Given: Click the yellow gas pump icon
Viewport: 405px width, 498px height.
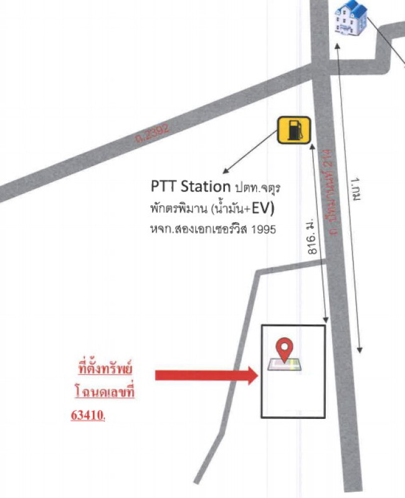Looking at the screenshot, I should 293,130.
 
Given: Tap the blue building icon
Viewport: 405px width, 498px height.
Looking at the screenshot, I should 351,18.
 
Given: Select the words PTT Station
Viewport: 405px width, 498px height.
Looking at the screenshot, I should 191,186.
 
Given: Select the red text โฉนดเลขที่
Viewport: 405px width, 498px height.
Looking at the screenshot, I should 104,393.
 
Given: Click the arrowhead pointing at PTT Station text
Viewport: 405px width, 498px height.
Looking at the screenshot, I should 225,171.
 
